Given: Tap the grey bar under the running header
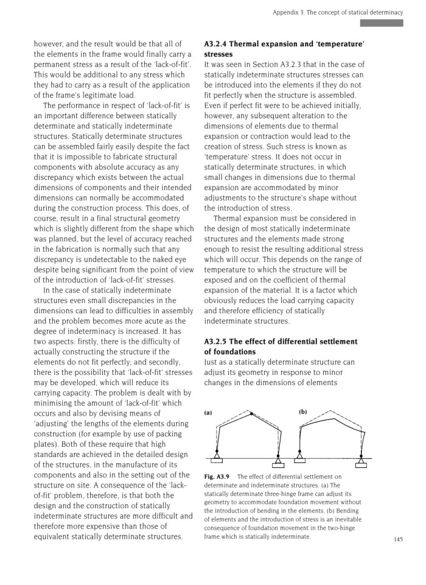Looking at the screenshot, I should point(382,23).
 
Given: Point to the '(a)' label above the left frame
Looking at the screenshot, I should point(208,413).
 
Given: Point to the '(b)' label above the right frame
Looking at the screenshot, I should point(302,413).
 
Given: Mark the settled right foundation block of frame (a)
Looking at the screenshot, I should point(278,465).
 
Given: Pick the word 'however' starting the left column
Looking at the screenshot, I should point(49,43).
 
